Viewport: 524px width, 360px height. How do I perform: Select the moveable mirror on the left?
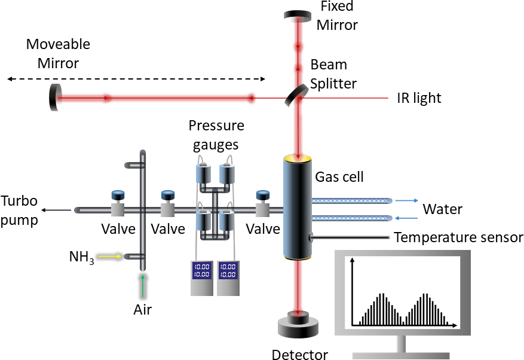pyautogui.click(x=54, y=97)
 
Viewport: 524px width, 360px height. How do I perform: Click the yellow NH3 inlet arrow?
pyautogui.click(x=111, y=257)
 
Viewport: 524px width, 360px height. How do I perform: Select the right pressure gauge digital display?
pyautogui.click(x=228, y=270)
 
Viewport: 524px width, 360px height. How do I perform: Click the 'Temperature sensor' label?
pyautogui.click(x=458, y=238)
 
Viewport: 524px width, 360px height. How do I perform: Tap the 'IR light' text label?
pyautogui.click(x=419, y=98)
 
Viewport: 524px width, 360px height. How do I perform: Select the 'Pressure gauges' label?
pyautogui.click(x=216, y=135)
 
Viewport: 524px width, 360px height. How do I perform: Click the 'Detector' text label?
pyautogui.click(x=299, y=355)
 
